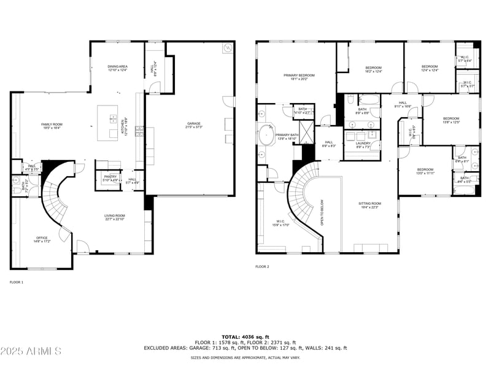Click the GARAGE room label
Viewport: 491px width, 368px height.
coord(194,125)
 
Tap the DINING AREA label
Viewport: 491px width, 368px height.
coord(117,68)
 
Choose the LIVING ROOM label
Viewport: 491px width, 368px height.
coord(114,217)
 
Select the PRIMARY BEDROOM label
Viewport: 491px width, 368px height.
coord(299,77)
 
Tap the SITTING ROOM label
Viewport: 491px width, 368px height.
coord(370,205)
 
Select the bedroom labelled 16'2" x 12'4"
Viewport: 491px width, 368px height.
coord(373,69)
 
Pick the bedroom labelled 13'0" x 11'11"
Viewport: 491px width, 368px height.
coord(425,171)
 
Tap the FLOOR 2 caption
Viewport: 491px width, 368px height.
coord(262,267)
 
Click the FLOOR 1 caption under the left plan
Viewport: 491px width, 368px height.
coord(17,282)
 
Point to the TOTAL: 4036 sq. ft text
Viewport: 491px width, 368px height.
coord(245,337)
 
